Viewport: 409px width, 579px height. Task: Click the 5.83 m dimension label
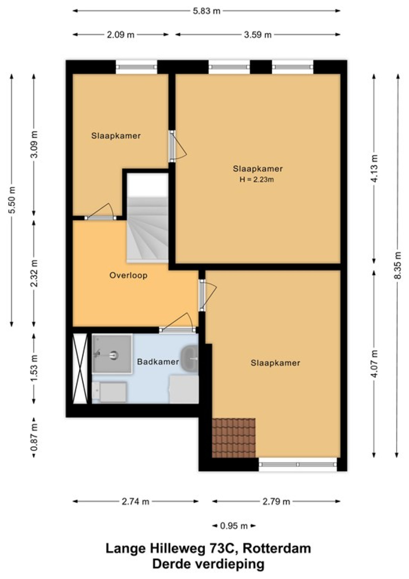pos(207,11)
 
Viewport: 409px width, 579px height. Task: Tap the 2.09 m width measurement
pos(121,35)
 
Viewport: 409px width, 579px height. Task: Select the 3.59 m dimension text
pos(258,35)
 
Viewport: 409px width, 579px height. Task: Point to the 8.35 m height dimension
pos(398,265)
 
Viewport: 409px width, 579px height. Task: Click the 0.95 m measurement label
pos(234,526)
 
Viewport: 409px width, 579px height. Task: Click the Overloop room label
pos(128,275)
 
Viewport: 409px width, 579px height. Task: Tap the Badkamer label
pos(158,362)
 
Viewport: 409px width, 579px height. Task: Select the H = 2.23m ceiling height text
pos(256,179)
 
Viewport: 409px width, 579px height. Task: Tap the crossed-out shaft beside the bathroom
pos(80,368)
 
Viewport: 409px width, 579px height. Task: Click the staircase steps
pos(148,230)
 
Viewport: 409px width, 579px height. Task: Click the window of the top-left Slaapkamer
pos(136,67)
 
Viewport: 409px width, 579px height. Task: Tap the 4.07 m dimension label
pos(375,363)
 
